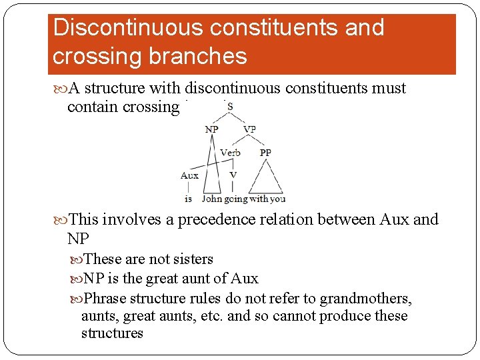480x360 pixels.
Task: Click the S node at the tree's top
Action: (x=229, y=107)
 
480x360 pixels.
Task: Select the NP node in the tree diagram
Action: (x=212, y=129)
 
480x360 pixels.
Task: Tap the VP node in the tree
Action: (x=249, y=129)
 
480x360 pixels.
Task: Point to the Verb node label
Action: (x=231, y=153)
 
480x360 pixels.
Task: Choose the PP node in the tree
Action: (x=265, y=153)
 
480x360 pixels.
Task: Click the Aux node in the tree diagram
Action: (x=189, y=175)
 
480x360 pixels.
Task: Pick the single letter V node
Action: (x=233, y=175)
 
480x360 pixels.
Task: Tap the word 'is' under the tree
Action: (x=189, y=199)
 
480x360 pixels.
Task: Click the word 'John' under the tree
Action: (x=212, y=199)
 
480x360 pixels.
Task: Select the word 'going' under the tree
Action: (x=236, y=199)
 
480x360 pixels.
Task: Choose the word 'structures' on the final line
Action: (x=112, y=333)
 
